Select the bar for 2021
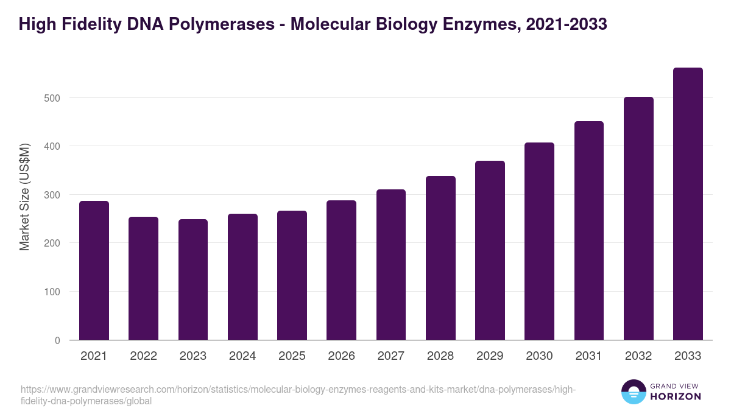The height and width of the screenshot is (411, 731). point(94,270)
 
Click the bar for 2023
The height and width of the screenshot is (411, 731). point(193,279)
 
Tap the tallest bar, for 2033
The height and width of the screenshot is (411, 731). point(688,204)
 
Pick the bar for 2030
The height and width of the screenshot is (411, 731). point(539,241)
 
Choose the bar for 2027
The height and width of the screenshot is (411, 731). point(390,265)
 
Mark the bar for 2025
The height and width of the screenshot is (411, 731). point(292,275)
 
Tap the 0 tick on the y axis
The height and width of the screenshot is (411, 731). point(57,340)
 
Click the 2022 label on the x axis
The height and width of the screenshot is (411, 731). point(143,356)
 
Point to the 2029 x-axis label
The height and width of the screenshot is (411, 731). point(490,356)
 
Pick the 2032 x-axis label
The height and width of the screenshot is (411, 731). point(638,356)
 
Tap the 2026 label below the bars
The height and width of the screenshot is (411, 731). point(341,356)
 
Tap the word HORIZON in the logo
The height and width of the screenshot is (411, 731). point(676,396)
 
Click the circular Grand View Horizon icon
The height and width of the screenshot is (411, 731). point(634,392)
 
